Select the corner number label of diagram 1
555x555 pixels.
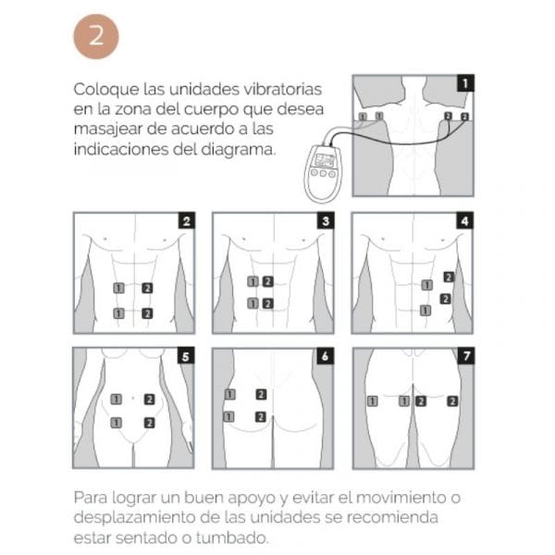point(465,83)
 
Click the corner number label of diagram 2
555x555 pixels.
point(187,221)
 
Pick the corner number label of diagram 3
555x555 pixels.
point(326,221)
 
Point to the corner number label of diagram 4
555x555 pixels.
point(464,221)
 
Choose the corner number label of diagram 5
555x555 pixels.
point(187,356)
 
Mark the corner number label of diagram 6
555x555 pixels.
point(326,356)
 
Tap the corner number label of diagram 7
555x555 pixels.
point(464,356)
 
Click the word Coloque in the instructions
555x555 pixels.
point(101,90)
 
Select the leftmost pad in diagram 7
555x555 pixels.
point(372,401)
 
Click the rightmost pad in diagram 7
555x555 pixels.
point(452,401)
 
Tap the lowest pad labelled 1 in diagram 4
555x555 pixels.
point(425,310)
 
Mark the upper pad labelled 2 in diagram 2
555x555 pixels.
point(147,289)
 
